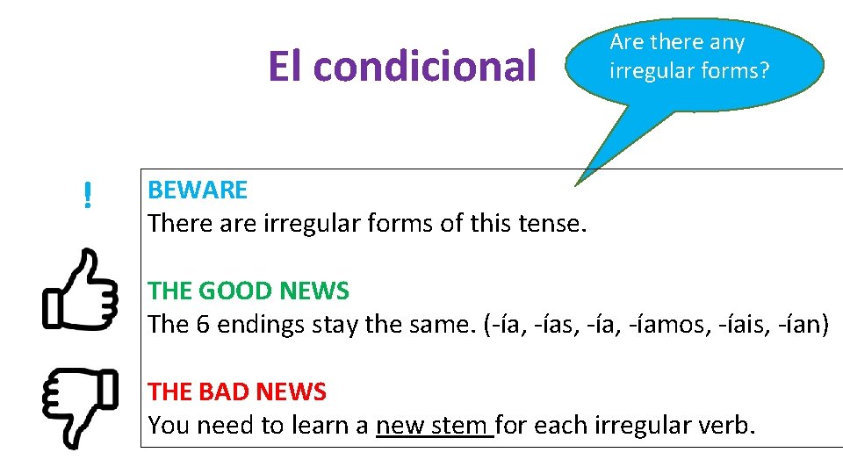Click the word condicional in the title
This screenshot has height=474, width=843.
[x=424, y=66]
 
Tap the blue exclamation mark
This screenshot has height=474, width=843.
[x=87, y=195]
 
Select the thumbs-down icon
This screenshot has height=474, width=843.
[x=81, y=406]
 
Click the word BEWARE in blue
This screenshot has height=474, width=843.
[x=198, y=190]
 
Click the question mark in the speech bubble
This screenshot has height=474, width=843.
[x=764, y=70]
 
